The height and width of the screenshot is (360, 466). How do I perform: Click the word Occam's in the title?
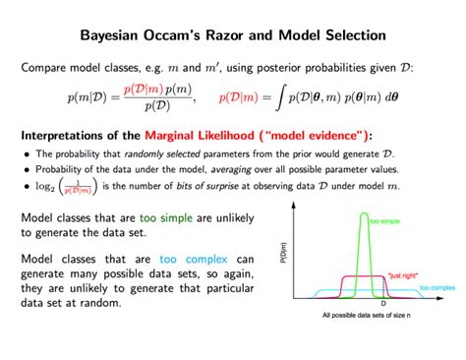click(183, 35)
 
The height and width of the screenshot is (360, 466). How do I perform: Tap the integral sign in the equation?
click(280, 98)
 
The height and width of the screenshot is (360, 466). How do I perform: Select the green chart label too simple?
click(383, 221)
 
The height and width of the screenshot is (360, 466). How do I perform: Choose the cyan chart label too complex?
click(437, 287)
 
